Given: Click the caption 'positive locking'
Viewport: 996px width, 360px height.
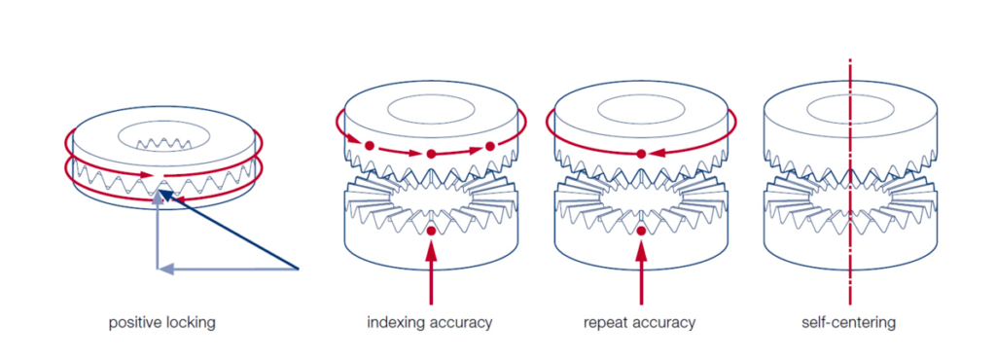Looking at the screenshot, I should (x=161, y=322).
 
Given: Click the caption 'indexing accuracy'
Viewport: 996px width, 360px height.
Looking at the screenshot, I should (x=429, y=322).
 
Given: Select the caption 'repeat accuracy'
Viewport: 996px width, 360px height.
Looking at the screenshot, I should (x=640, y=322).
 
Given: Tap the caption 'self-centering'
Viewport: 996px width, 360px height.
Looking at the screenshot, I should (x=850, y=322).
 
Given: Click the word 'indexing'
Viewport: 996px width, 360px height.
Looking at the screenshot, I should (x=396, y=322).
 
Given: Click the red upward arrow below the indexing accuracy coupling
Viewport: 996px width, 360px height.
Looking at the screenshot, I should (x=430, y=276).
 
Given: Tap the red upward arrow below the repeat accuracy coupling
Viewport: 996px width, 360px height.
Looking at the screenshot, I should (x=641, y=276).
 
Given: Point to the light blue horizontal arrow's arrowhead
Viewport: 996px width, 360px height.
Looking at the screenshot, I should (x=164, y=268).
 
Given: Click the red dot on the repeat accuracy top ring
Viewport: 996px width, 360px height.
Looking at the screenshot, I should (x=641, y=154).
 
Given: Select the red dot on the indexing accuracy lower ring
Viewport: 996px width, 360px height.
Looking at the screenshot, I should (x=431, y=232).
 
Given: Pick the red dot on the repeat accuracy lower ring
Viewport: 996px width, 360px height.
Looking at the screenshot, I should (x=641, y=232).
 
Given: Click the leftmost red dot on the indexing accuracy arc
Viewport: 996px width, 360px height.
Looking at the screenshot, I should (x=370, y=146).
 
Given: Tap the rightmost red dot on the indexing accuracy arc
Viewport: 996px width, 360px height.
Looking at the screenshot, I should (x=490, y=146).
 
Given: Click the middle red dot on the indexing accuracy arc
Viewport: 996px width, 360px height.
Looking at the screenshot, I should (x=430, y=154).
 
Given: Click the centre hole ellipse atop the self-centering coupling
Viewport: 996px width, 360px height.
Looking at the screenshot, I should (x=850, y=109).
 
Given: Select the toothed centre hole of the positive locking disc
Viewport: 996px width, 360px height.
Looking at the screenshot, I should (x=158, y=139).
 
